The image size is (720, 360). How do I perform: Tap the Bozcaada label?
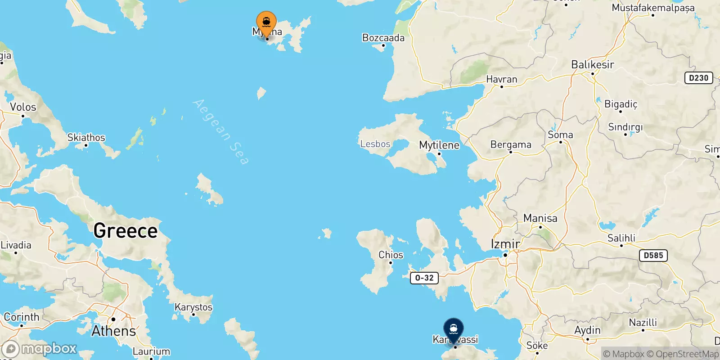pyautogui.click(x=383, y=38)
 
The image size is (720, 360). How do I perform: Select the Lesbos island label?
pyautogui.click(x=375, y=144)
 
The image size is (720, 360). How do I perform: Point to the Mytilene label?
pyautogui.click(x=439, y=145)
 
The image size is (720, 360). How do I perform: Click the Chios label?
pyautogui.click(x=391, y=255)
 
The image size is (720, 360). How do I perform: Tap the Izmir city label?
pyautogui.click(x=505, y=244)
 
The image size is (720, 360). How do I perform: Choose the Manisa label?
pyautogui.click(x=540, y=218)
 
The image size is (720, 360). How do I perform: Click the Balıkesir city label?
pyautogui.click(x=592, y=65)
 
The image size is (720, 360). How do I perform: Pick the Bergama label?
pyautogui.click(x=511, y=144)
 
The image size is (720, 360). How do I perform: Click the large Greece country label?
pyautogui.click(x=126, y=231)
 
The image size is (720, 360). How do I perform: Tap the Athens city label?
pyautogui.click(x=113, y=331)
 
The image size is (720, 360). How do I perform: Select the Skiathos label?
pyautogui.click(x=86, y=137)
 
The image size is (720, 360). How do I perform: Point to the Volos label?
pyautogui.click(x=23, y=107)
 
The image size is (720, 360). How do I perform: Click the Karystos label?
pyautogui.click(x=193, y=307)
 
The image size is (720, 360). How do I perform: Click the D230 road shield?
pyautogui.click(x=698, y=78)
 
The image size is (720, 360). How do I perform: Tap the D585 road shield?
pyautogui.click(x=653, y=256)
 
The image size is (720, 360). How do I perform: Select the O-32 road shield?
pyautogui.click(x=424, y=278)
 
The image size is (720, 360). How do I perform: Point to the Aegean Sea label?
pyautogui.click(x=220, y=132)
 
